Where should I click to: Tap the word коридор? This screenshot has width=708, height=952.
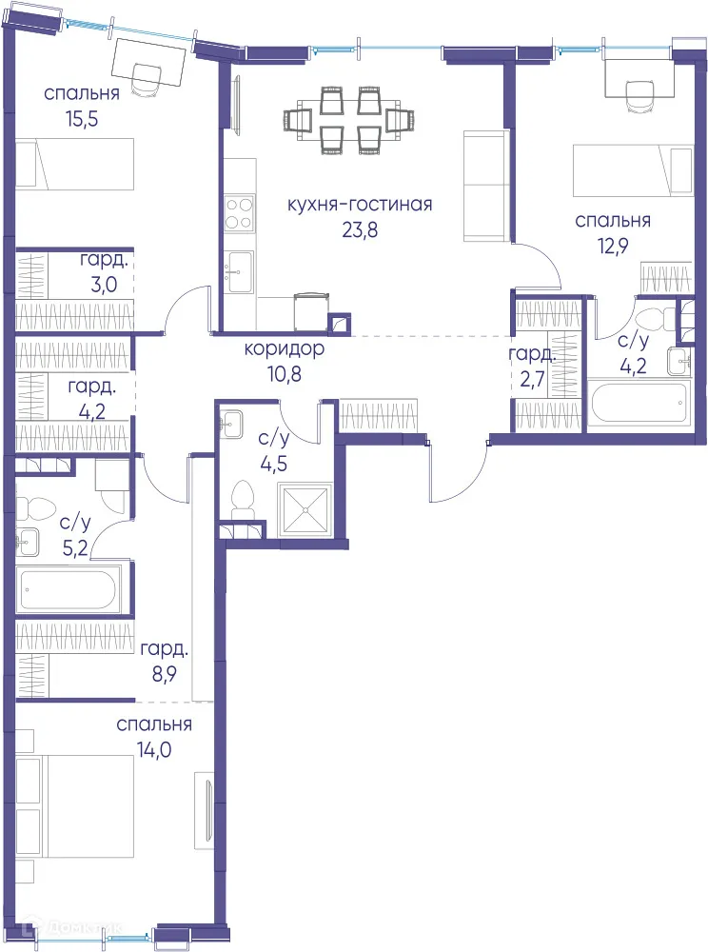(x=284, y=349)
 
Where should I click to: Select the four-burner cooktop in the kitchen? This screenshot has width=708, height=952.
(x=238, y=213)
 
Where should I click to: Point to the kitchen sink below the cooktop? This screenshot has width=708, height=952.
(x=238, y=266)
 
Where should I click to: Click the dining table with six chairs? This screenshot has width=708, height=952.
(x=350, y=120)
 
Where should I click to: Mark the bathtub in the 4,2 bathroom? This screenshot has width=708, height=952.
(x=638, y=404)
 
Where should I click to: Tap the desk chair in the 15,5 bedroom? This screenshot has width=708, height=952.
(x=147, y=80)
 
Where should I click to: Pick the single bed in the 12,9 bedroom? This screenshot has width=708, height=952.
(x=632, y=170)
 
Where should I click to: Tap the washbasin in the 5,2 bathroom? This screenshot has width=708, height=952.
(x=26, y=542)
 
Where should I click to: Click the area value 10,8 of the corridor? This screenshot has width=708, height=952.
(x=284, y=372)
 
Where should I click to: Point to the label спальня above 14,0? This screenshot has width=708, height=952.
(x=154, y=724)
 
